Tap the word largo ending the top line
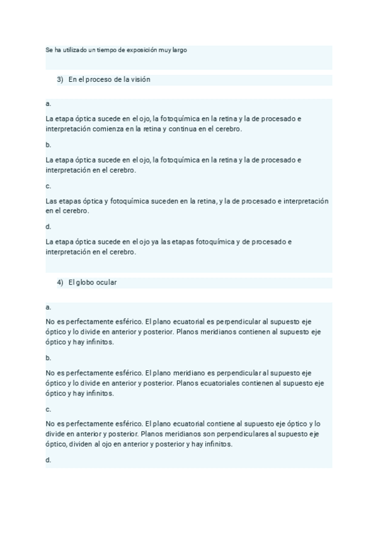coord(178,49)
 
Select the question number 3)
coord(60,80)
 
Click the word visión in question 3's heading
coord(140,80)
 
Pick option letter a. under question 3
coord(49,103)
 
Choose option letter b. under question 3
coord(49,145)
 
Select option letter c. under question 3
coord(49,186)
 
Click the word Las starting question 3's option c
coord(52,201)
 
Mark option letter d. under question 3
coord(49,227)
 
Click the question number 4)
coord(60,283)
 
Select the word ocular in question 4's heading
coord(106,283)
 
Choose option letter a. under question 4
coord(49,307)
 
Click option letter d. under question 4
coord(49,460)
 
